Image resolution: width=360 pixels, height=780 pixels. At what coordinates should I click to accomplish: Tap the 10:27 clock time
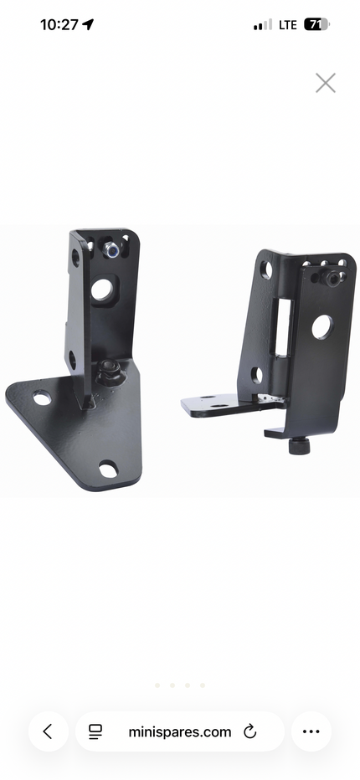(59, 24)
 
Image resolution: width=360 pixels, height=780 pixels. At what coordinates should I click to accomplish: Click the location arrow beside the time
(88, 24)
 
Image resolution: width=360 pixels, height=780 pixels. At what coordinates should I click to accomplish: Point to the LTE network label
(288, 25)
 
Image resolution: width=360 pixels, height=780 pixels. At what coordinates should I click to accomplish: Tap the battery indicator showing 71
(316, 24)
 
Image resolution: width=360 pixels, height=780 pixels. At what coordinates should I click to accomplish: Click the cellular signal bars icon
(263, 25)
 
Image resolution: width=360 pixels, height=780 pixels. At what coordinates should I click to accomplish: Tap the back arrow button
(48, 731)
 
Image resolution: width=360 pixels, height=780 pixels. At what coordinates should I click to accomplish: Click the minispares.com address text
(180, 731)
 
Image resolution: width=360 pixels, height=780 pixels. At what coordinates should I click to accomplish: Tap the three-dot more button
(311, 731)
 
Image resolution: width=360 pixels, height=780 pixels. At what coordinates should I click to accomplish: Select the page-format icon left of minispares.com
(95, 731)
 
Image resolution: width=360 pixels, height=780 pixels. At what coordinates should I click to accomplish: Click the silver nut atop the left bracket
(111, 249)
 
